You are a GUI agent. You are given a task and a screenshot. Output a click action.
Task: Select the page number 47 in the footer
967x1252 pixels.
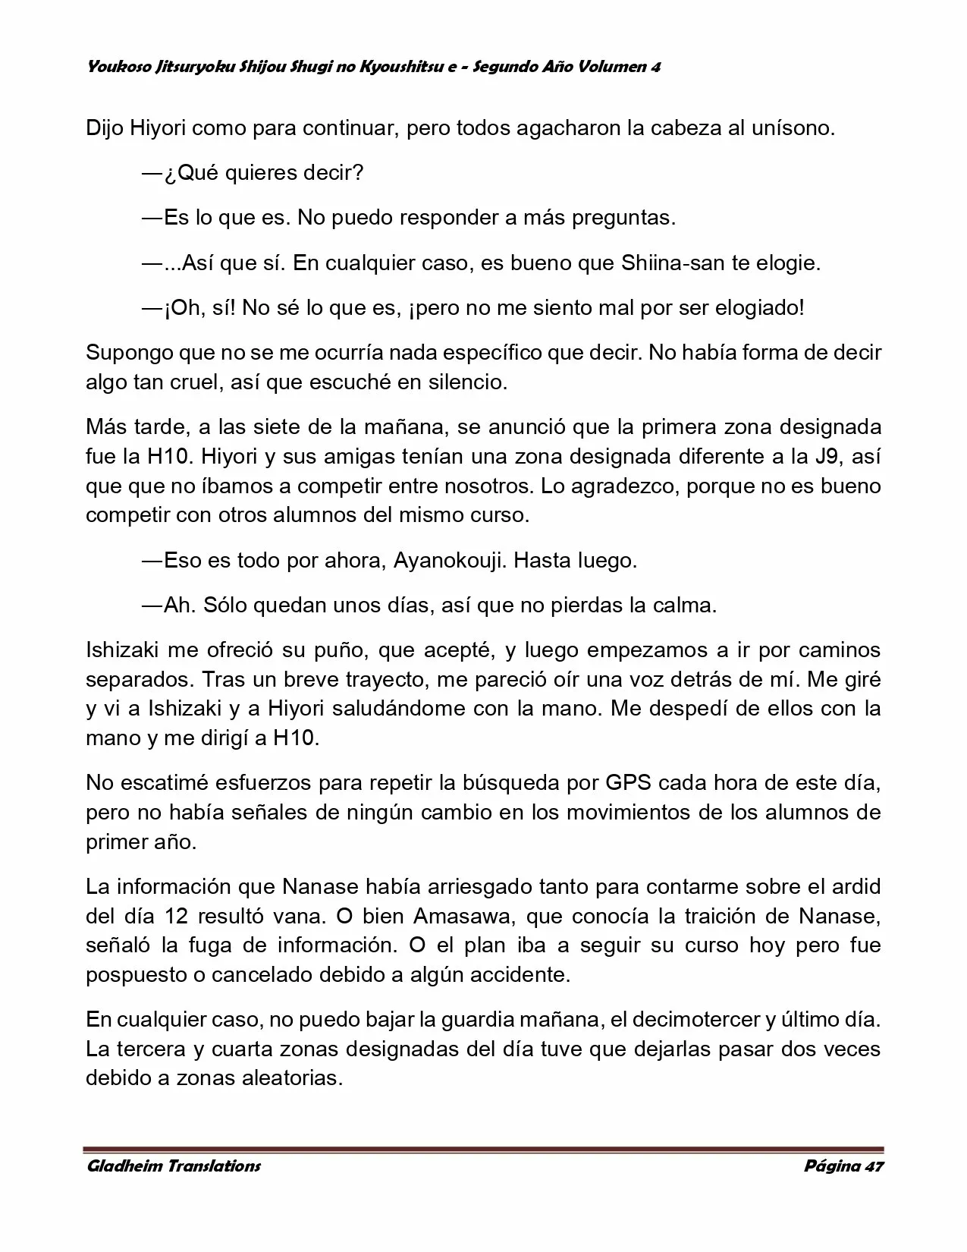(x=874, y=1165)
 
